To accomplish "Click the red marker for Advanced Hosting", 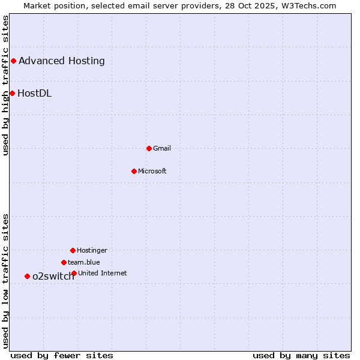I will coord(13,61).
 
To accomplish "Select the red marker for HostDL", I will coord(12,93).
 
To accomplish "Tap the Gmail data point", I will coord(149,148).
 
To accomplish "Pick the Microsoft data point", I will coord(134,171).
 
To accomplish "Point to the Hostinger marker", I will coord(73,250).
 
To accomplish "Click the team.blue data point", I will coord(64,262).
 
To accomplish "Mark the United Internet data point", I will coord(74,273).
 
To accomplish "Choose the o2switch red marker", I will coord(27,276).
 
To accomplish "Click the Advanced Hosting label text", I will coord(62,61).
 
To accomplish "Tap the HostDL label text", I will coord(34,93).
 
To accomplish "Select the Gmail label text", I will coord(162,148).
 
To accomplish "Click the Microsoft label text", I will coord(152,171).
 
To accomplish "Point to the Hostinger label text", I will coord(92,250).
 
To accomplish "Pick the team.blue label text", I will coord(84,262).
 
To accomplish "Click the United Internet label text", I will coord(103,273).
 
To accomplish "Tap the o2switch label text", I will coord(53,277).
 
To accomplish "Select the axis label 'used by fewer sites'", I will coord(62,355).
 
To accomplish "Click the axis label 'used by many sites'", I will coord(301,355).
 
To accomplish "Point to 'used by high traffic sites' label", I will coord(5,85).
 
